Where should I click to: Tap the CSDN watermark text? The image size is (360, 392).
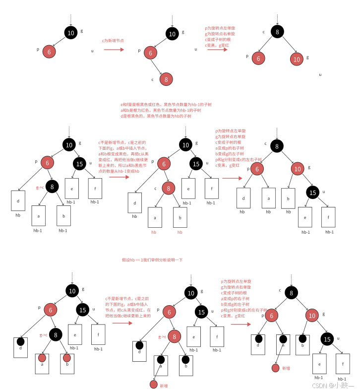tap(333, 385)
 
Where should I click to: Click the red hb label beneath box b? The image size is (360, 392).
tap(180, 232)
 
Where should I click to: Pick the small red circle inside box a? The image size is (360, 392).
tap(42, 357)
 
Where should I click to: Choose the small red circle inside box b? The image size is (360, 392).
tap(66, 357)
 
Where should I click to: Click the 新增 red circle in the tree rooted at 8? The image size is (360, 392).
tap(276, 368)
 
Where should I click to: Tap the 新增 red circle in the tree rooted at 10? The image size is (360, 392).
tap(154, 385)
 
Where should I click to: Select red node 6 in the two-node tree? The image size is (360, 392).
tap(49, 51)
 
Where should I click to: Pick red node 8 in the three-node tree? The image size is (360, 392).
tap(167, 79)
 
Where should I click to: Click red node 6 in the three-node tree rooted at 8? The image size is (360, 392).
tap(258, 59)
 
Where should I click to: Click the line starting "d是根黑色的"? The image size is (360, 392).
tap(156, 116)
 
